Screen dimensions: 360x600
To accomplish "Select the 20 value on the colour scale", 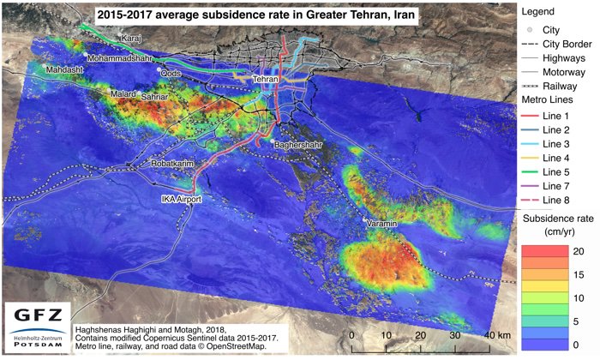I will (x=579, y=249).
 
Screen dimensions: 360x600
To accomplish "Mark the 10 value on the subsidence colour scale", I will (x=579, y=297).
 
